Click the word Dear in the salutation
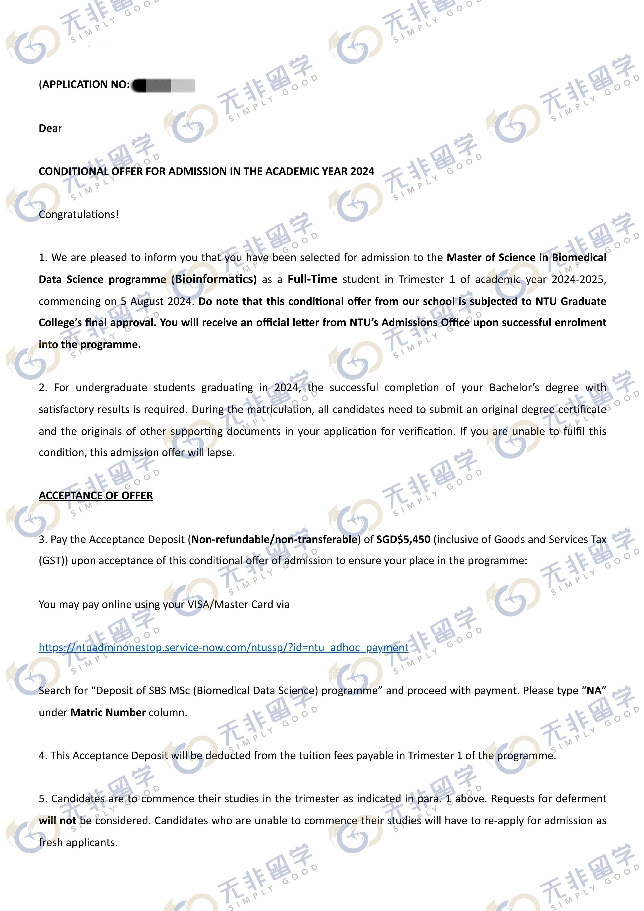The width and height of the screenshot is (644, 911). [50, 128]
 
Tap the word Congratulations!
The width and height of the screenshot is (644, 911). [79, 214]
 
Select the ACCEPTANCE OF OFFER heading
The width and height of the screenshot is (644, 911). [96, 496]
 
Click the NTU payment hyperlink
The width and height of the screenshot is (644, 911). [223, 647]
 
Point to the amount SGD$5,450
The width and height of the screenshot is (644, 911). [403, 539]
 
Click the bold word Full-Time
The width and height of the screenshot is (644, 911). [312, 279]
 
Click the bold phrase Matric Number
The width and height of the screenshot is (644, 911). [108, 713]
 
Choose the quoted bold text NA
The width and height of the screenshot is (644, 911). [594, 691]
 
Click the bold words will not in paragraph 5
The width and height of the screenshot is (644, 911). [57, 821]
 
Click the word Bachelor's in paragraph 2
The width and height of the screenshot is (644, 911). [514, 388]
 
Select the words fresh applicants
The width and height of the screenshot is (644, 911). [78, 842]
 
